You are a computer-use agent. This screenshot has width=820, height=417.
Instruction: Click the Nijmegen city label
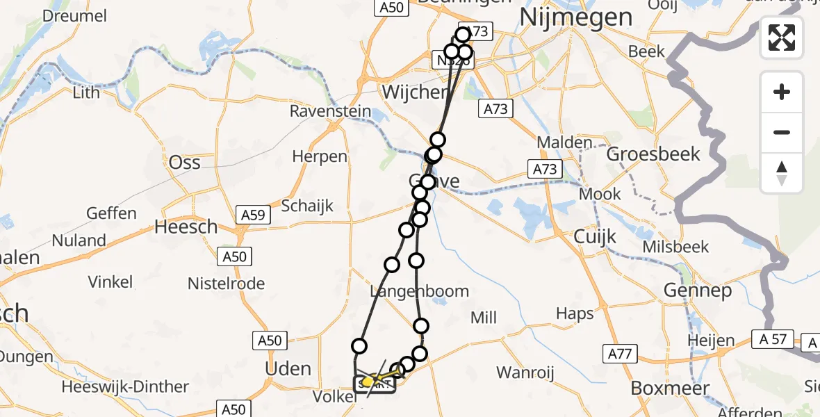[x=576, y=17]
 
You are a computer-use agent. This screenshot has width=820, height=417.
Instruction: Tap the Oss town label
[x=185, y=163]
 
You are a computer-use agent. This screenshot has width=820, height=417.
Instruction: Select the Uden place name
[x=288, y=368]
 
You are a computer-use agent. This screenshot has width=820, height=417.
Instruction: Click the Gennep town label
[x=698, y=291]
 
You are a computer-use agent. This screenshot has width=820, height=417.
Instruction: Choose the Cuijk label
[x=595, y=237]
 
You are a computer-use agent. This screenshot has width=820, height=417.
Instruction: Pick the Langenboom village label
[x=419, y=291]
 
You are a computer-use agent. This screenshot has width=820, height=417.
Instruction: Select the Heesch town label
[x=186, y=227]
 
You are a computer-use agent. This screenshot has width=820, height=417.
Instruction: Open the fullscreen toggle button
[x=782, y=37]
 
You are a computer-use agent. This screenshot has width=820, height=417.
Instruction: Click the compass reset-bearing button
[x=782, y=173]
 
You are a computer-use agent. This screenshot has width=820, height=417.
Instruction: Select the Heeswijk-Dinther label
[x=125, y=387]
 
